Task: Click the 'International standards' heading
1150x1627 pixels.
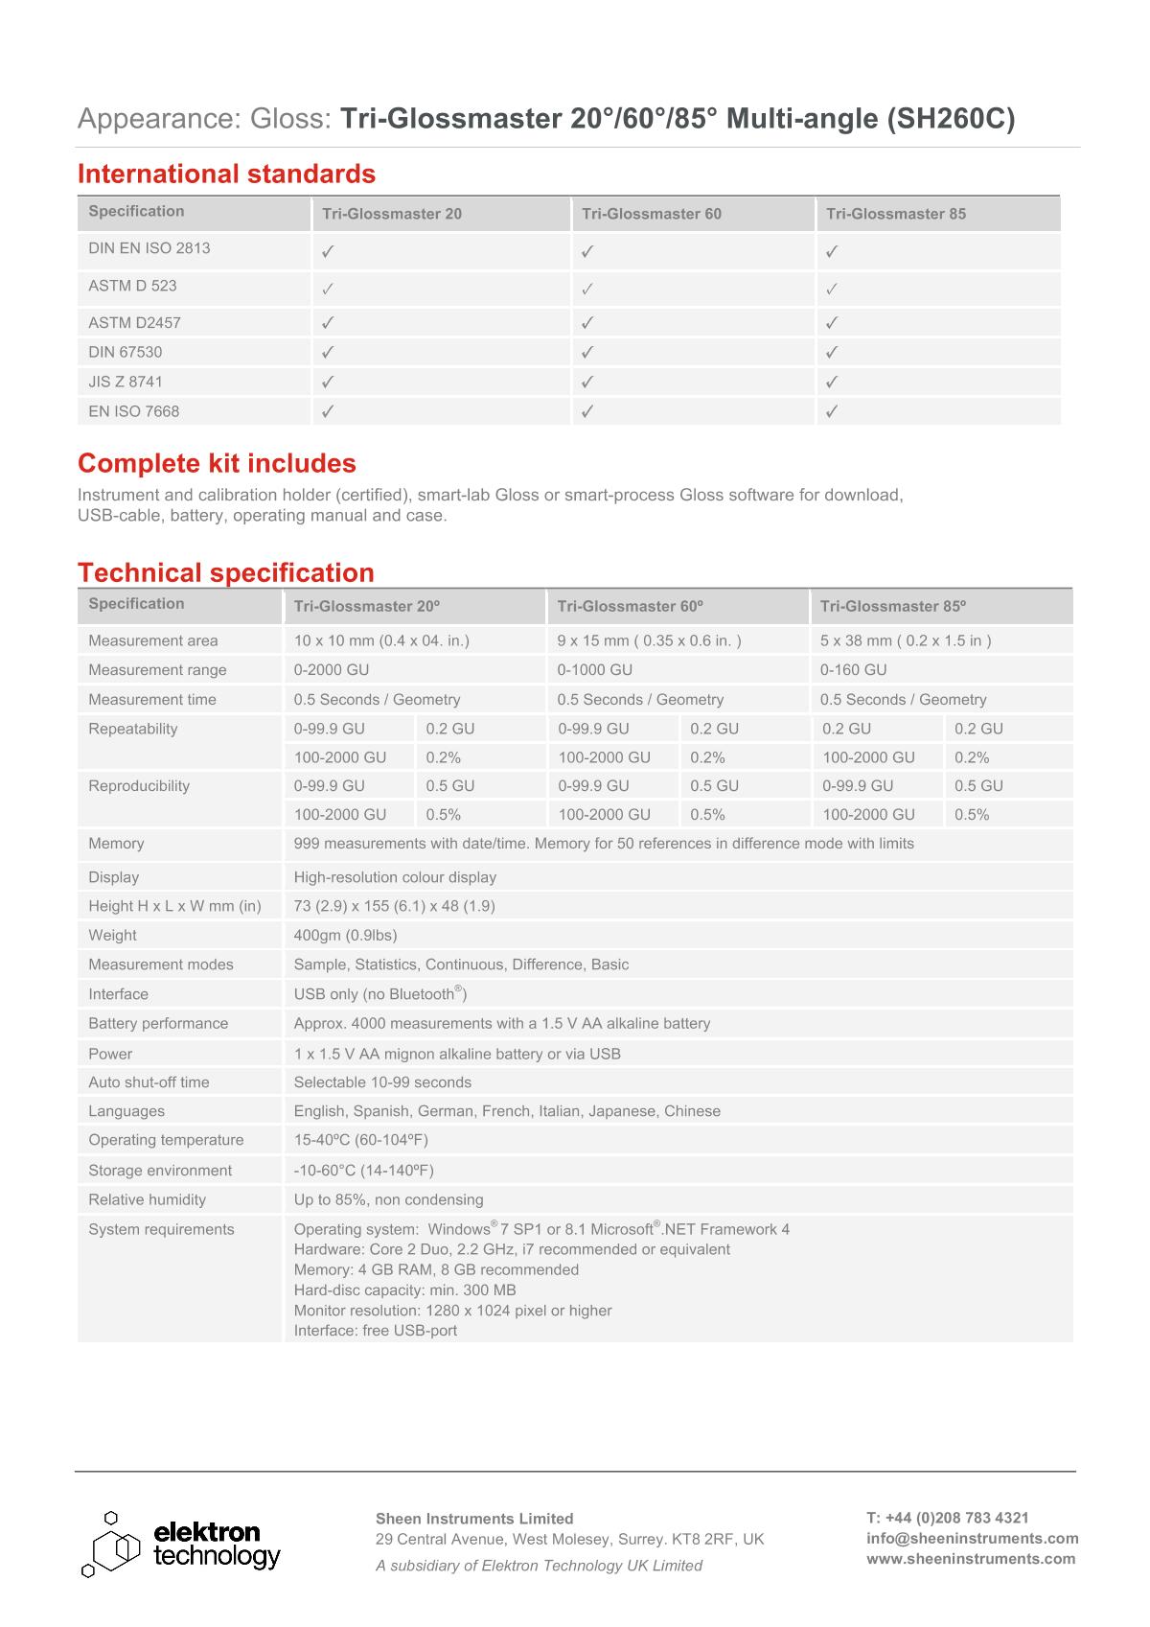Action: tap(226, 174)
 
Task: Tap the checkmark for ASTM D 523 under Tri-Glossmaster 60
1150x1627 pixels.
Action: tap(587, 288)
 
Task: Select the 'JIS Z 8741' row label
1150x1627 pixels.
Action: tap(126, 382)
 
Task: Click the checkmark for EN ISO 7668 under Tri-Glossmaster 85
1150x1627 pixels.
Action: tap(832, 411)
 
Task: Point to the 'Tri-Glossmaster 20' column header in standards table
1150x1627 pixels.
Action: tap(392, 214)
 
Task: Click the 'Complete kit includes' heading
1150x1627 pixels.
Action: tap(217, 463)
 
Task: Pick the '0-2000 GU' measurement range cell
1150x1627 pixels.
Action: tap(332, 669)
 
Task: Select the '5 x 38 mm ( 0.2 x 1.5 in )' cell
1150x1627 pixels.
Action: tap(906, 640)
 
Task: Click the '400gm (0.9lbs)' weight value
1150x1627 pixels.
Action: tap(345, 935)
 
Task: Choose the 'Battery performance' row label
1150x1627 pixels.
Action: tap(158, 1023)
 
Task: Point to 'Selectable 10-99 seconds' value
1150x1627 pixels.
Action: tap(382, 1081)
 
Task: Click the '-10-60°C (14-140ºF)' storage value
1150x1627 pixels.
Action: tap(363, 1170)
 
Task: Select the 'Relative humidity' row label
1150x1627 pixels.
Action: tap(147, 1199)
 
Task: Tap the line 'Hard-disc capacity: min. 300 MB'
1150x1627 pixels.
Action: tap(404, 1290)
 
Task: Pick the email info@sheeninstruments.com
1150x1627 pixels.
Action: tap(972, 1538)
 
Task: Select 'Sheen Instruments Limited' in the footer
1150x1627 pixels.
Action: tap(474, 1518)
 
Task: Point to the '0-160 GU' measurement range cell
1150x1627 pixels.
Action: tap(853, 669)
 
